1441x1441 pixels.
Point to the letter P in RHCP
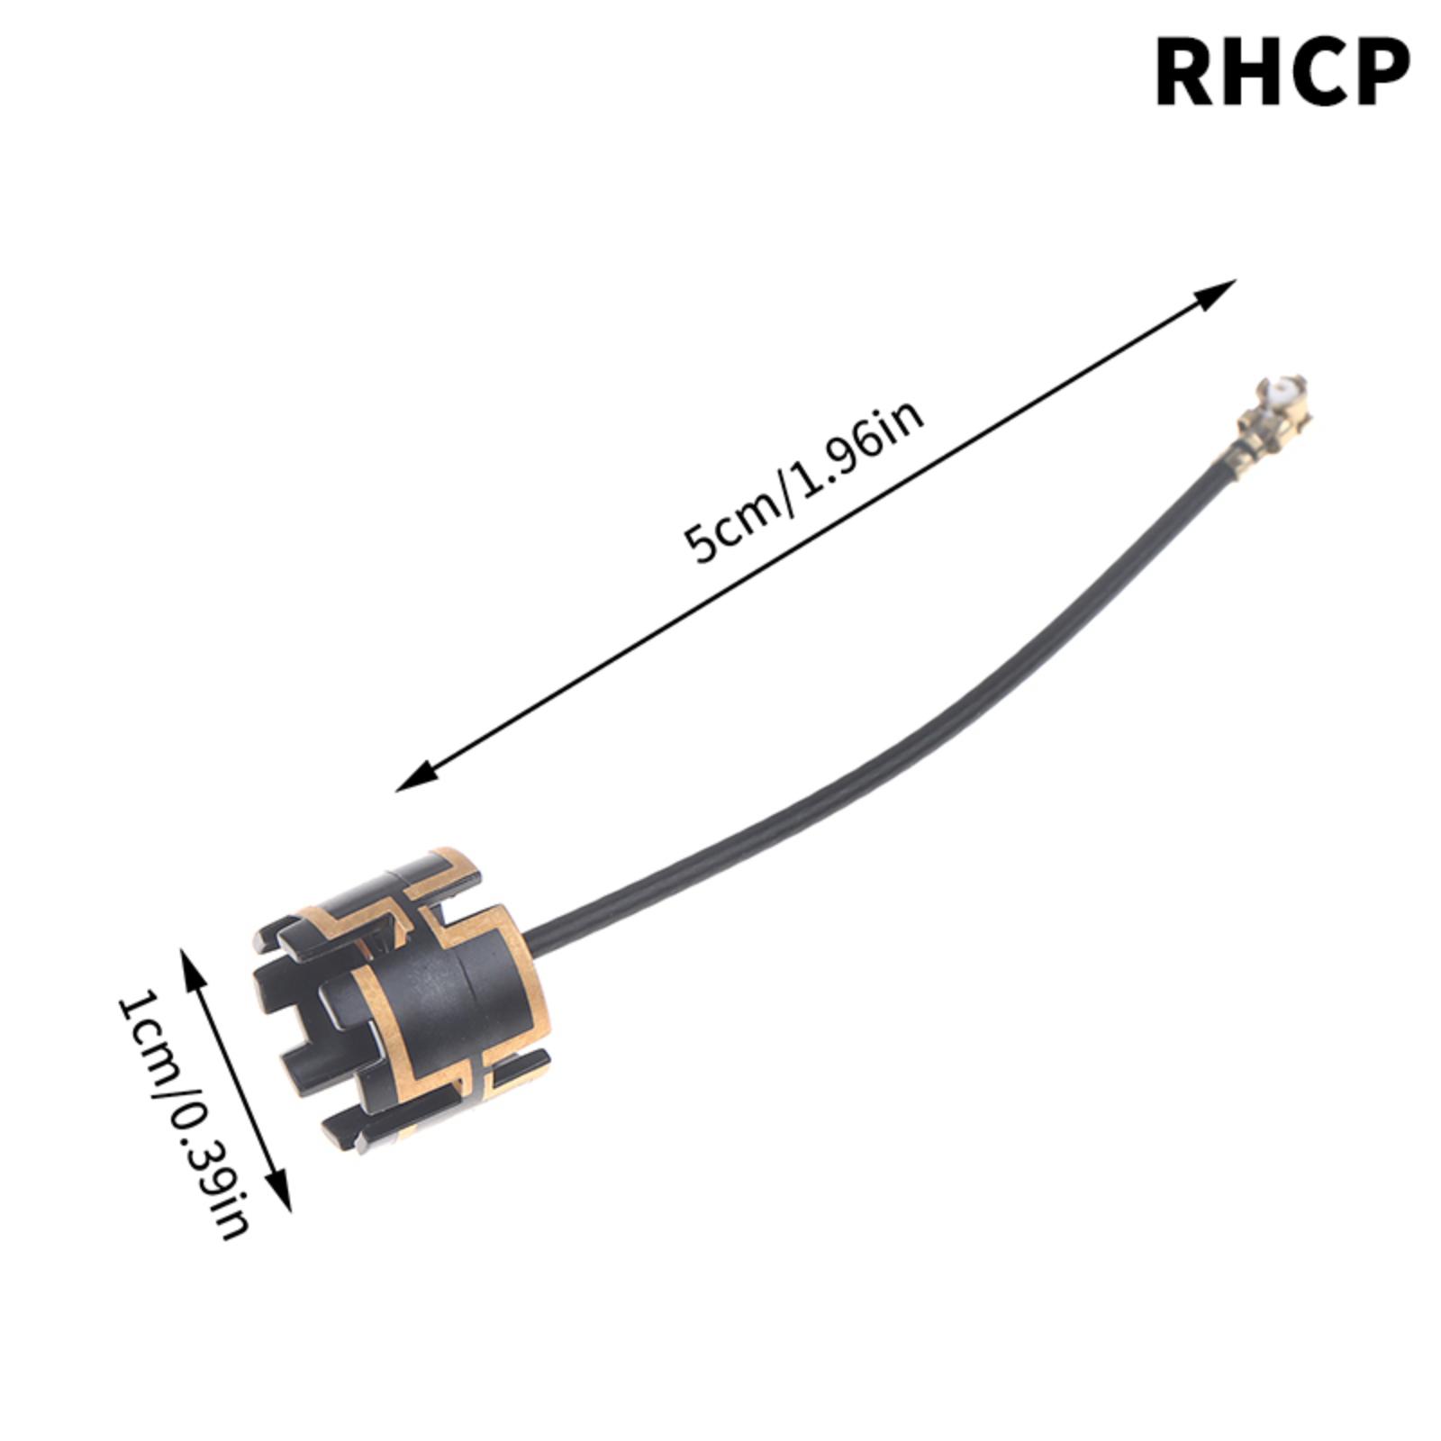[x=1377, y=72]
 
